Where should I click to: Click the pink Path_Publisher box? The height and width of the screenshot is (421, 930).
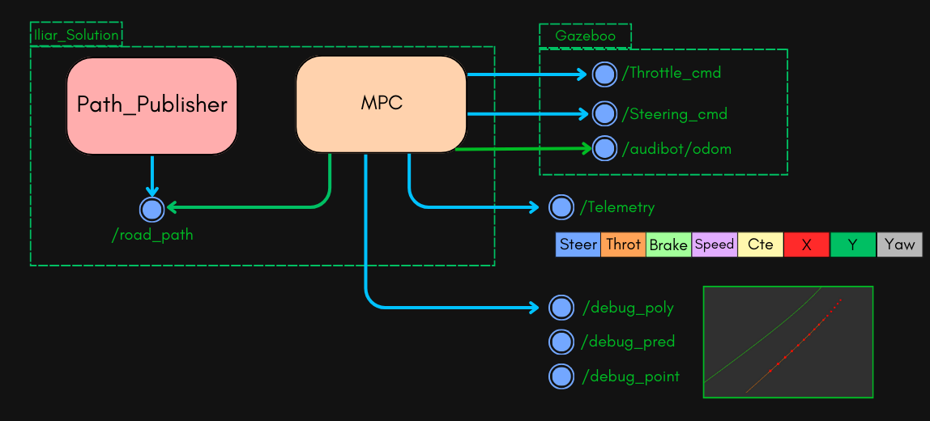click(x=151, y=105)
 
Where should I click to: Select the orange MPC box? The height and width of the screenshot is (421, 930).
click(x=381, y=104)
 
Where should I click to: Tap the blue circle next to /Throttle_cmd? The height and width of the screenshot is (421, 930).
click(x=604, y=74)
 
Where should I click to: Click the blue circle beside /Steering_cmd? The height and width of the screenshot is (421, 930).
click(x=604, y=114)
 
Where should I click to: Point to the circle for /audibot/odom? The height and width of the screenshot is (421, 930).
click(x=604, y=148)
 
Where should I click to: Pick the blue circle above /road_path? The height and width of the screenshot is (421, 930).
click(x=151, y=209)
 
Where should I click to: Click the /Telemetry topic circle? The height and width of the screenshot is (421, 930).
click(x=561, y=207)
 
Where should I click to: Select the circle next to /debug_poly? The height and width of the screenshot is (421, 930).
click(x=561, y=308)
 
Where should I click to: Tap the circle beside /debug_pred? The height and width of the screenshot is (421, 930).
click(x=561, y=342)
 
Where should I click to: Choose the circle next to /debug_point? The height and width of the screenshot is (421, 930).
click(x=561, y=376)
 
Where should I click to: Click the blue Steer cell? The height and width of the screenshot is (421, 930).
click(x=578, y=245)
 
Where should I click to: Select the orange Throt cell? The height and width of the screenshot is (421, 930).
click(x=623, y=245)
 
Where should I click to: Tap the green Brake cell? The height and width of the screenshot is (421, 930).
click(x=668, y=245)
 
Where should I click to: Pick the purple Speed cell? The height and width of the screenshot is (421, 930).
click(x=714, y=245)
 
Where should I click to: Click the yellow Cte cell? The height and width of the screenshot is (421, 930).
click(x=760, y=245)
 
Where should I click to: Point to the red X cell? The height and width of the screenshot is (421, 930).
click(x=806, y=245)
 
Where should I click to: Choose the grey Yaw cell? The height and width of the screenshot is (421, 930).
click(x=899, y=245)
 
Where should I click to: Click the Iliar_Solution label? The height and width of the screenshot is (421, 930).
click(x=76, y=35)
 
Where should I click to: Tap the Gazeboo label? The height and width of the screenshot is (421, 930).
click(x=585, y=36)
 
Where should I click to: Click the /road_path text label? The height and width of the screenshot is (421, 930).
click(x=152, y=236)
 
